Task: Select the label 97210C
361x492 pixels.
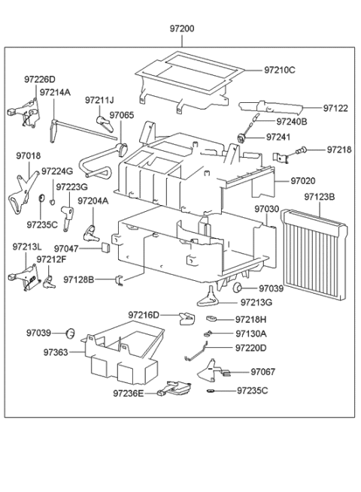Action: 279,70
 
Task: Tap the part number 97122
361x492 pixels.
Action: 336,108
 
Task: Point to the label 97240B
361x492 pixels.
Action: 292,121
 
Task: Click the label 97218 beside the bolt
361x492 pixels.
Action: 338,150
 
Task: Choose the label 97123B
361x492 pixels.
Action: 320,198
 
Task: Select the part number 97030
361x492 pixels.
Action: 266,209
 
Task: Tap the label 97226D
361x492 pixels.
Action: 39,78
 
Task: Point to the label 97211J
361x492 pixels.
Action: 99,99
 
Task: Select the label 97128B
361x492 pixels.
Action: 79,279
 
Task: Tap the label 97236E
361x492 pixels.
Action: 129,392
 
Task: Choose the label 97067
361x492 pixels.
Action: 263,371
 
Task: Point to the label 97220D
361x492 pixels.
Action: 251,348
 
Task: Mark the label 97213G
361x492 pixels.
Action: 256,302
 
